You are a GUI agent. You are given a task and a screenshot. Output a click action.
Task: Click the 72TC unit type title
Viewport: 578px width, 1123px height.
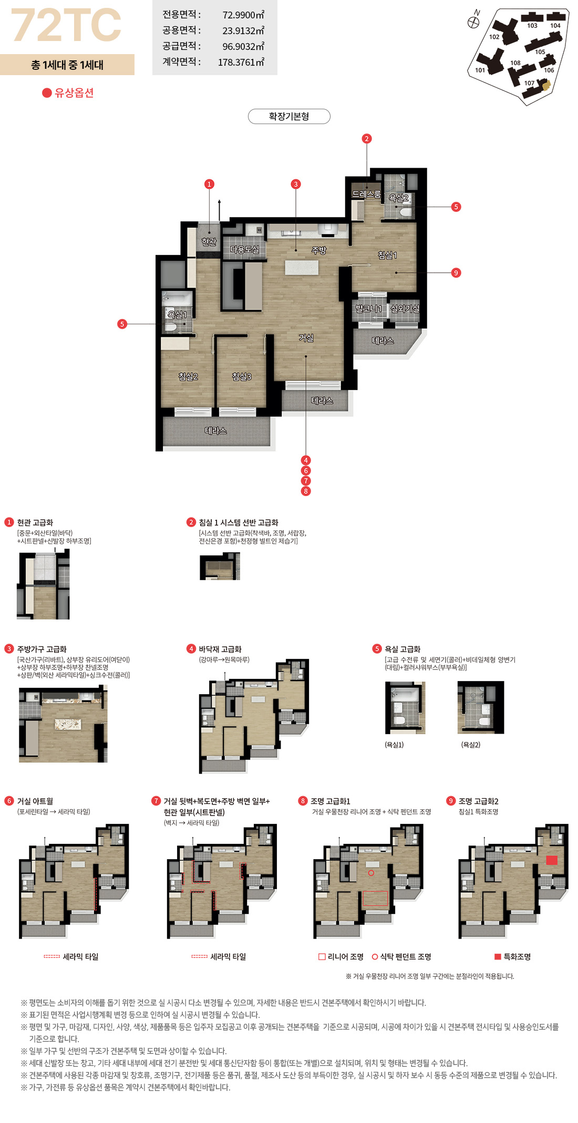click(x=66, y=25)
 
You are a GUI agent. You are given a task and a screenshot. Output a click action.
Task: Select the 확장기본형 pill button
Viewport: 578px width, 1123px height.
click(x=289, y=116)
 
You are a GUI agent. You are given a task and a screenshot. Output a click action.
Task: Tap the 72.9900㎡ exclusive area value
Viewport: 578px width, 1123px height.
click(x=243, y=15)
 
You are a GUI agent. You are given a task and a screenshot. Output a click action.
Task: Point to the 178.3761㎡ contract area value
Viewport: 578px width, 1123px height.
click(x=241, y=62)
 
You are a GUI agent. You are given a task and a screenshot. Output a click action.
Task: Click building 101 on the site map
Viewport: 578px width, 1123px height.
click(x=480, y=70)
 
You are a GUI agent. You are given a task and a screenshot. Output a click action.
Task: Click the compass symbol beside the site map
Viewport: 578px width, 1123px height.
click(x=473, y=22)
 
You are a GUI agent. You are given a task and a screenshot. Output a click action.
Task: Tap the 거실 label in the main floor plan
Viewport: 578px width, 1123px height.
click(x=306, y=338)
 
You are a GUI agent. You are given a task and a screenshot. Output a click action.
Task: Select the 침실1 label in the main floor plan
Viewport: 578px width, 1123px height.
click(x=387, y=255)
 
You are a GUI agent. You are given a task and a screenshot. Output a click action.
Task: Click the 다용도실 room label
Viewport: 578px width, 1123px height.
click(x=245, y=250)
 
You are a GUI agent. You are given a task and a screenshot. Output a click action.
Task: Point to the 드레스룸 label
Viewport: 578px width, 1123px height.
click(x=366, y=194)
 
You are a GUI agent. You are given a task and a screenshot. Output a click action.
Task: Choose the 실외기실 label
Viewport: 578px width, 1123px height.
click(x=405, y=308)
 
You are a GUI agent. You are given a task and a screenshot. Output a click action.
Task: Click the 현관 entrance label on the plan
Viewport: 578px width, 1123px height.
click(x=209, y=242)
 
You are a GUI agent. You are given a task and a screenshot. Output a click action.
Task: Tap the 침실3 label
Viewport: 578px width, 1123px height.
click(x=242, y=376)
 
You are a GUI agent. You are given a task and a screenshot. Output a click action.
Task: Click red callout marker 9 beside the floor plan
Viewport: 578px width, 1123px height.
click(x=456, y=273)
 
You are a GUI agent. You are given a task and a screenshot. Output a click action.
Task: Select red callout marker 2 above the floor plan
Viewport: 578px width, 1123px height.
click(x=367, y=139)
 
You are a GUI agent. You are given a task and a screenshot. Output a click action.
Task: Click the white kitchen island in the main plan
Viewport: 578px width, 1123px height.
click(x=302, y=267)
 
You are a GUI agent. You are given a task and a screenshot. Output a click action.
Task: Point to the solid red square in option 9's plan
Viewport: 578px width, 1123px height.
click(x=552, y=860)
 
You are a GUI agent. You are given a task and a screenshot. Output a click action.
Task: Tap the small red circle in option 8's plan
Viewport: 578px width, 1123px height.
click(x=371, y=873)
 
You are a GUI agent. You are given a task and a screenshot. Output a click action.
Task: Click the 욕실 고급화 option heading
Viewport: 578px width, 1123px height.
click(x=402, y=649)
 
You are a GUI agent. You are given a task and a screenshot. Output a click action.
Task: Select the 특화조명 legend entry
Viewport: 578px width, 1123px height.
click(x=512, y=956)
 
